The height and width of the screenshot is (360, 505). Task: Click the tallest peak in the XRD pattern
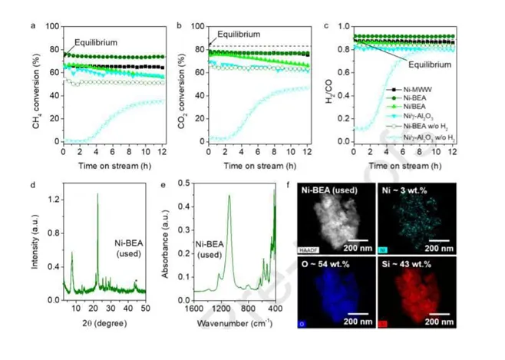point(97,195)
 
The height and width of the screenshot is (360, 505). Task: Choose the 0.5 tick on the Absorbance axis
point(193,182)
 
